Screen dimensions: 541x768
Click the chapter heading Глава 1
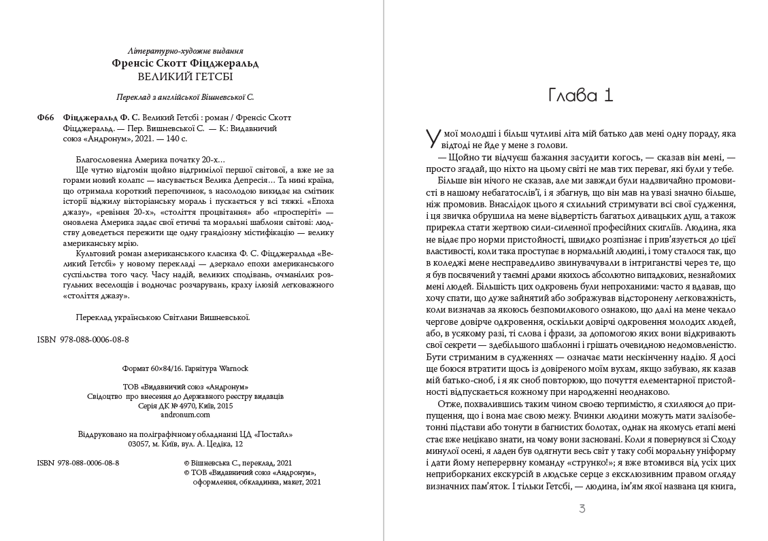click(580, 95)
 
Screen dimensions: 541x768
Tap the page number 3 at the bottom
click(582, 508)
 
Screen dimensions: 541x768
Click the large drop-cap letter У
click(431, 139)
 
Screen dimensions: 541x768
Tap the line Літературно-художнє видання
click(185, 51)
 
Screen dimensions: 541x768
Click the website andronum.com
click(185, 415)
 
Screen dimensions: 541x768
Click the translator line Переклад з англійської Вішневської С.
click(185, 97)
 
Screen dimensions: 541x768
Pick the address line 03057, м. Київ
click(185, 444)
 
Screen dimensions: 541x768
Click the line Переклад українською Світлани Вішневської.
click(161, 316)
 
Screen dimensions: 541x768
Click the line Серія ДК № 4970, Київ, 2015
click(185, 405)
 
